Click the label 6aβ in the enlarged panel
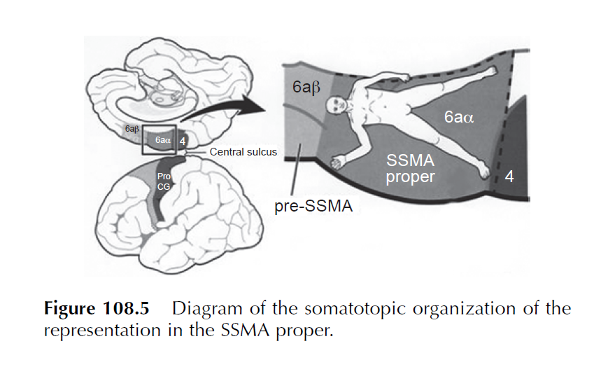(306, 88)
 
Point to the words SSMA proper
(411, 169)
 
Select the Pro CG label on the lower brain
(163, 181)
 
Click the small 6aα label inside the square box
(163, 140)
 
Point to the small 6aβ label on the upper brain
(132, 130)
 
